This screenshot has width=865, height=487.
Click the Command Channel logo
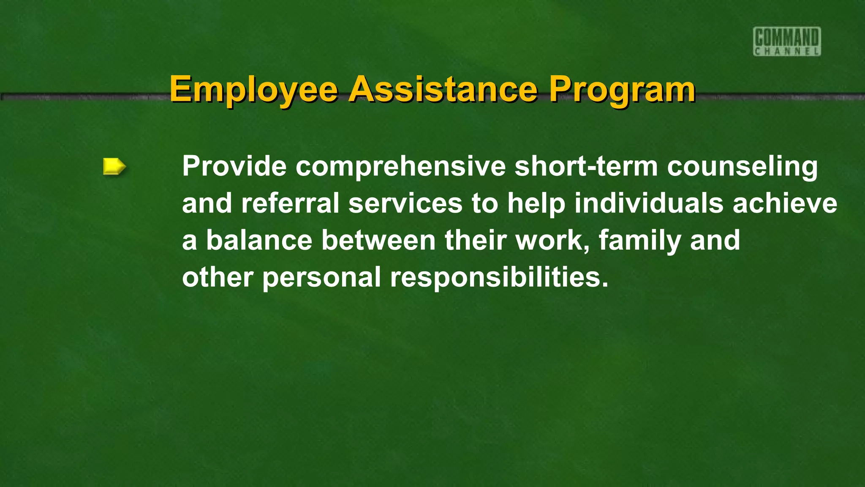[x=787, y=41]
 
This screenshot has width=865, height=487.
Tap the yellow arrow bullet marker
[x=114, y=166]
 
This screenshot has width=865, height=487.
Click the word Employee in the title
[x=253, y=89]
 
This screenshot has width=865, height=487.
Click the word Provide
[x=234, y=166]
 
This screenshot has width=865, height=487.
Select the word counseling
[x=742, y=166]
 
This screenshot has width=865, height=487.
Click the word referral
[x=290, y=203]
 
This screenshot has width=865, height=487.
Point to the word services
[x=405, y=203]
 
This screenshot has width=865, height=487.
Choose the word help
[x=536, y=203]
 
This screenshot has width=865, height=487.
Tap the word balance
[x=259, y=240]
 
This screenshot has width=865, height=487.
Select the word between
[x=378, y=240]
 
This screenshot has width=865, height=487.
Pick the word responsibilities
[x=498, y=277]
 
